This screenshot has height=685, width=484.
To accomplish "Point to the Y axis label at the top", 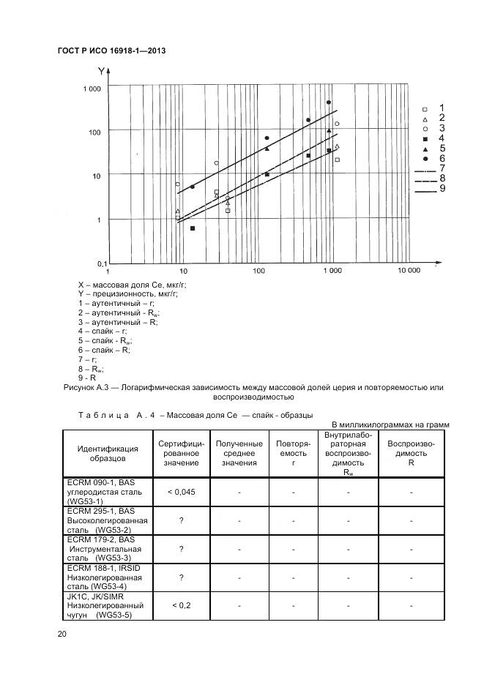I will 100,71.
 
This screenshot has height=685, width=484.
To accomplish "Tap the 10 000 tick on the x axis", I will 409,270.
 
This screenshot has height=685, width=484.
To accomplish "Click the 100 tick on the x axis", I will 258,270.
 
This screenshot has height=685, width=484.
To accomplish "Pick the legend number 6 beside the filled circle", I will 442,158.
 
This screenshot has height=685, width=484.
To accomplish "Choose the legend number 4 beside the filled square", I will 442,138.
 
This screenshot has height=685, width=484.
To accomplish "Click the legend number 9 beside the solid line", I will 442,189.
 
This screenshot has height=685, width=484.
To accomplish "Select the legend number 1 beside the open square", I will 442,108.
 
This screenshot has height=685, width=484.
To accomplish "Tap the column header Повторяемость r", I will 293,454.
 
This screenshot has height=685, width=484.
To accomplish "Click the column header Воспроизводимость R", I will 411,454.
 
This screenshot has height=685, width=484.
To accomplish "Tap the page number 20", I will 62,635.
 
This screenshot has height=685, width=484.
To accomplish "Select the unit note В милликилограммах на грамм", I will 390,425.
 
